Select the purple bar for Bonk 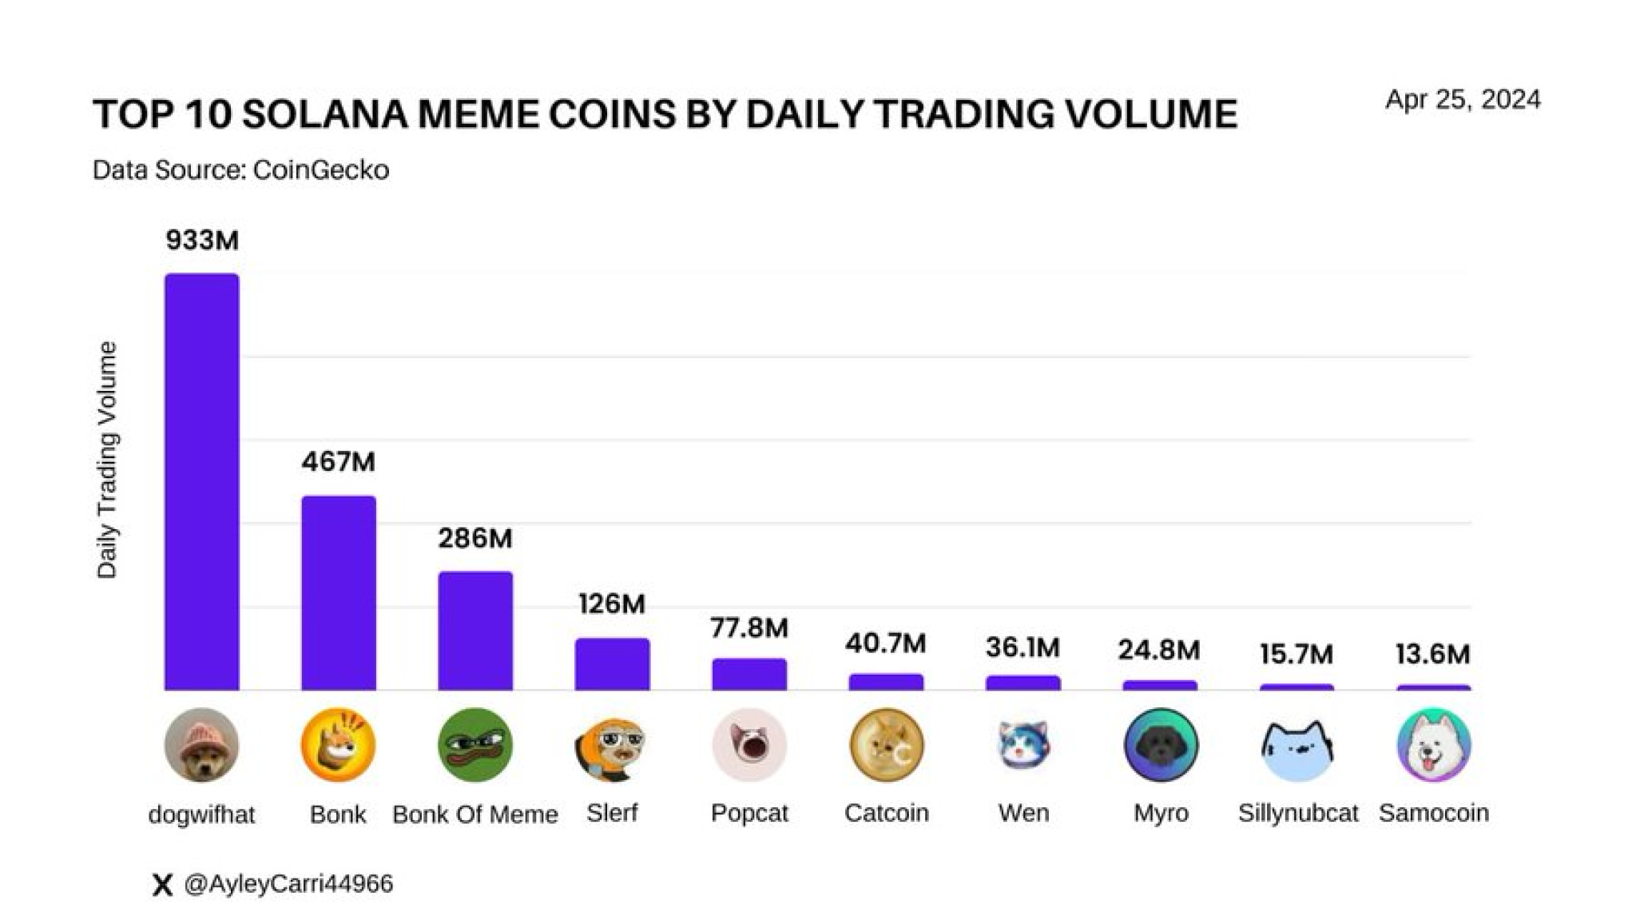338,592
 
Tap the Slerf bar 612,663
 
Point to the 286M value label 475,538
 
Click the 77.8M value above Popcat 749,627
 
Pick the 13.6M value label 1432,654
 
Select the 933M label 201,240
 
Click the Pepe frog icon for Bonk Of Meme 475,745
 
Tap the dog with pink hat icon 201,745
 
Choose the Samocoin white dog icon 1433,745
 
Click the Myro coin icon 1160,745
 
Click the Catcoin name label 886,813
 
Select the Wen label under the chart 1023,813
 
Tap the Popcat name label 749,813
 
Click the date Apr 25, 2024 1463,99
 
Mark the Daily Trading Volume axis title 107,460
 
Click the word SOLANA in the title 324,114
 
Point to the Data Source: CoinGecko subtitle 240,170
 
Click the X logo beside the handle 162,884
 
